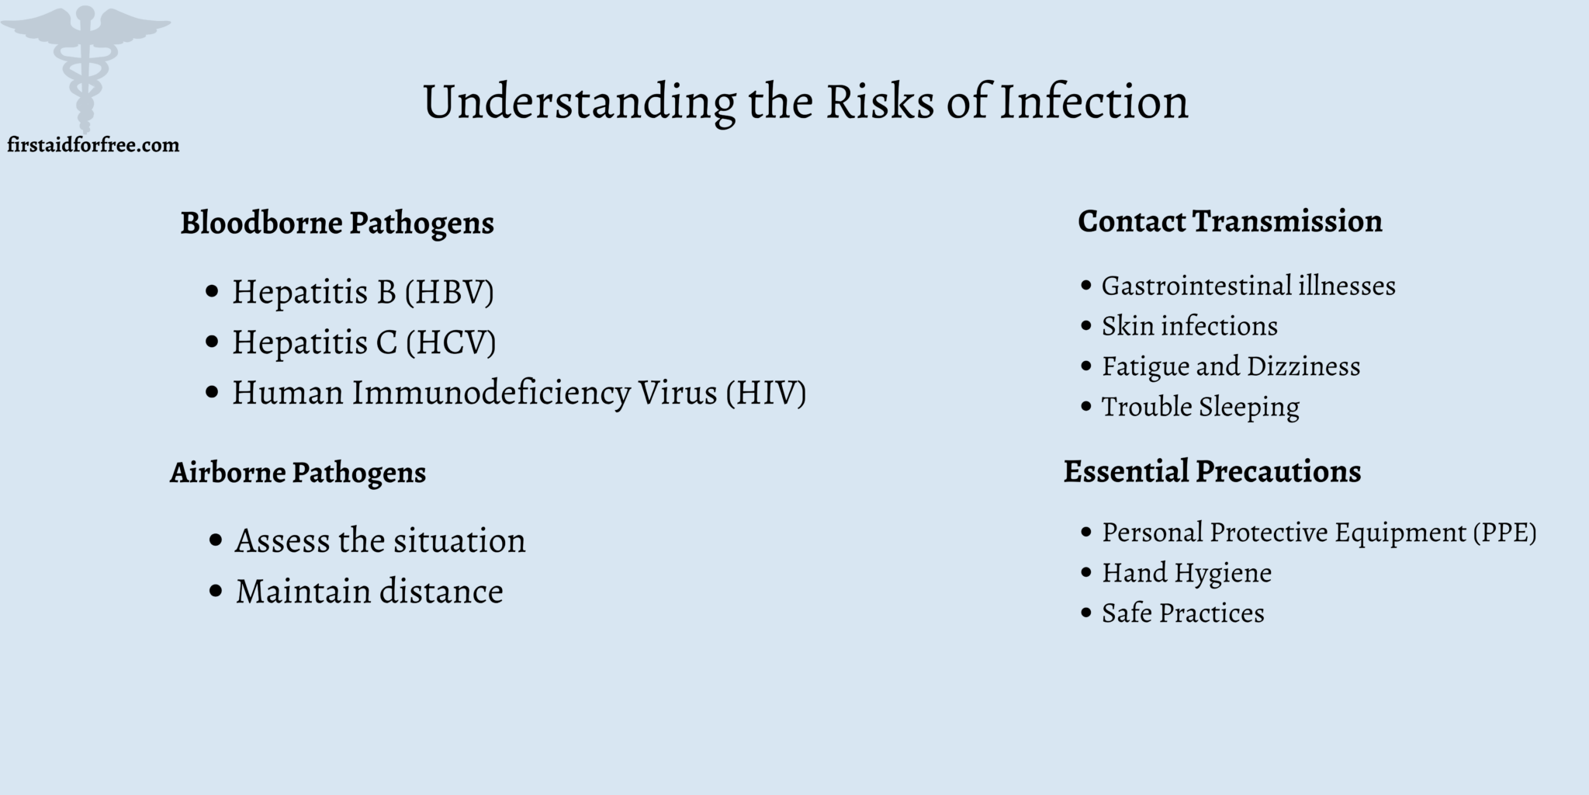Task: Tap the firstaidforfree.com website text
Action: (x=93, y=145)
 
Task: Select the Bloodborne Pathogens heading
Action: (x=337, y=223)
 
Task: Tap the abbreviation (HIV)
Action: (x=766, y=393)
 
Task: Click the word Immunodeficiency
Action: (x=491, y=393)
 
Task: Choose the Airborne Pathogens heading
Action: (x=298, y=472)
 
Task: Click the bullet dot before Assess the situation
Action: (x=216, y=540)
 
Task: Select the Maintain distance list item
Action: (x=369, y=592)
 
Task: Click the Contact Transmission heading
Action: (x=1230, y=221)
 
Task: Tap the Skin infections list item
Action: (x=1189, y=326)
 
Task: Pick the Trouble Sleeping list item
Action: (x=1200, y=407)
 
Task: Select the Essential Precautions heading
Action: (x=1212, y=471)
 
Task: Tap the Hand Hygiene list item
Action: (x=1186, y=573)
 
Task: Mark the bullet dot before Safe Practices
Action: (x=1086, y=613)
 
